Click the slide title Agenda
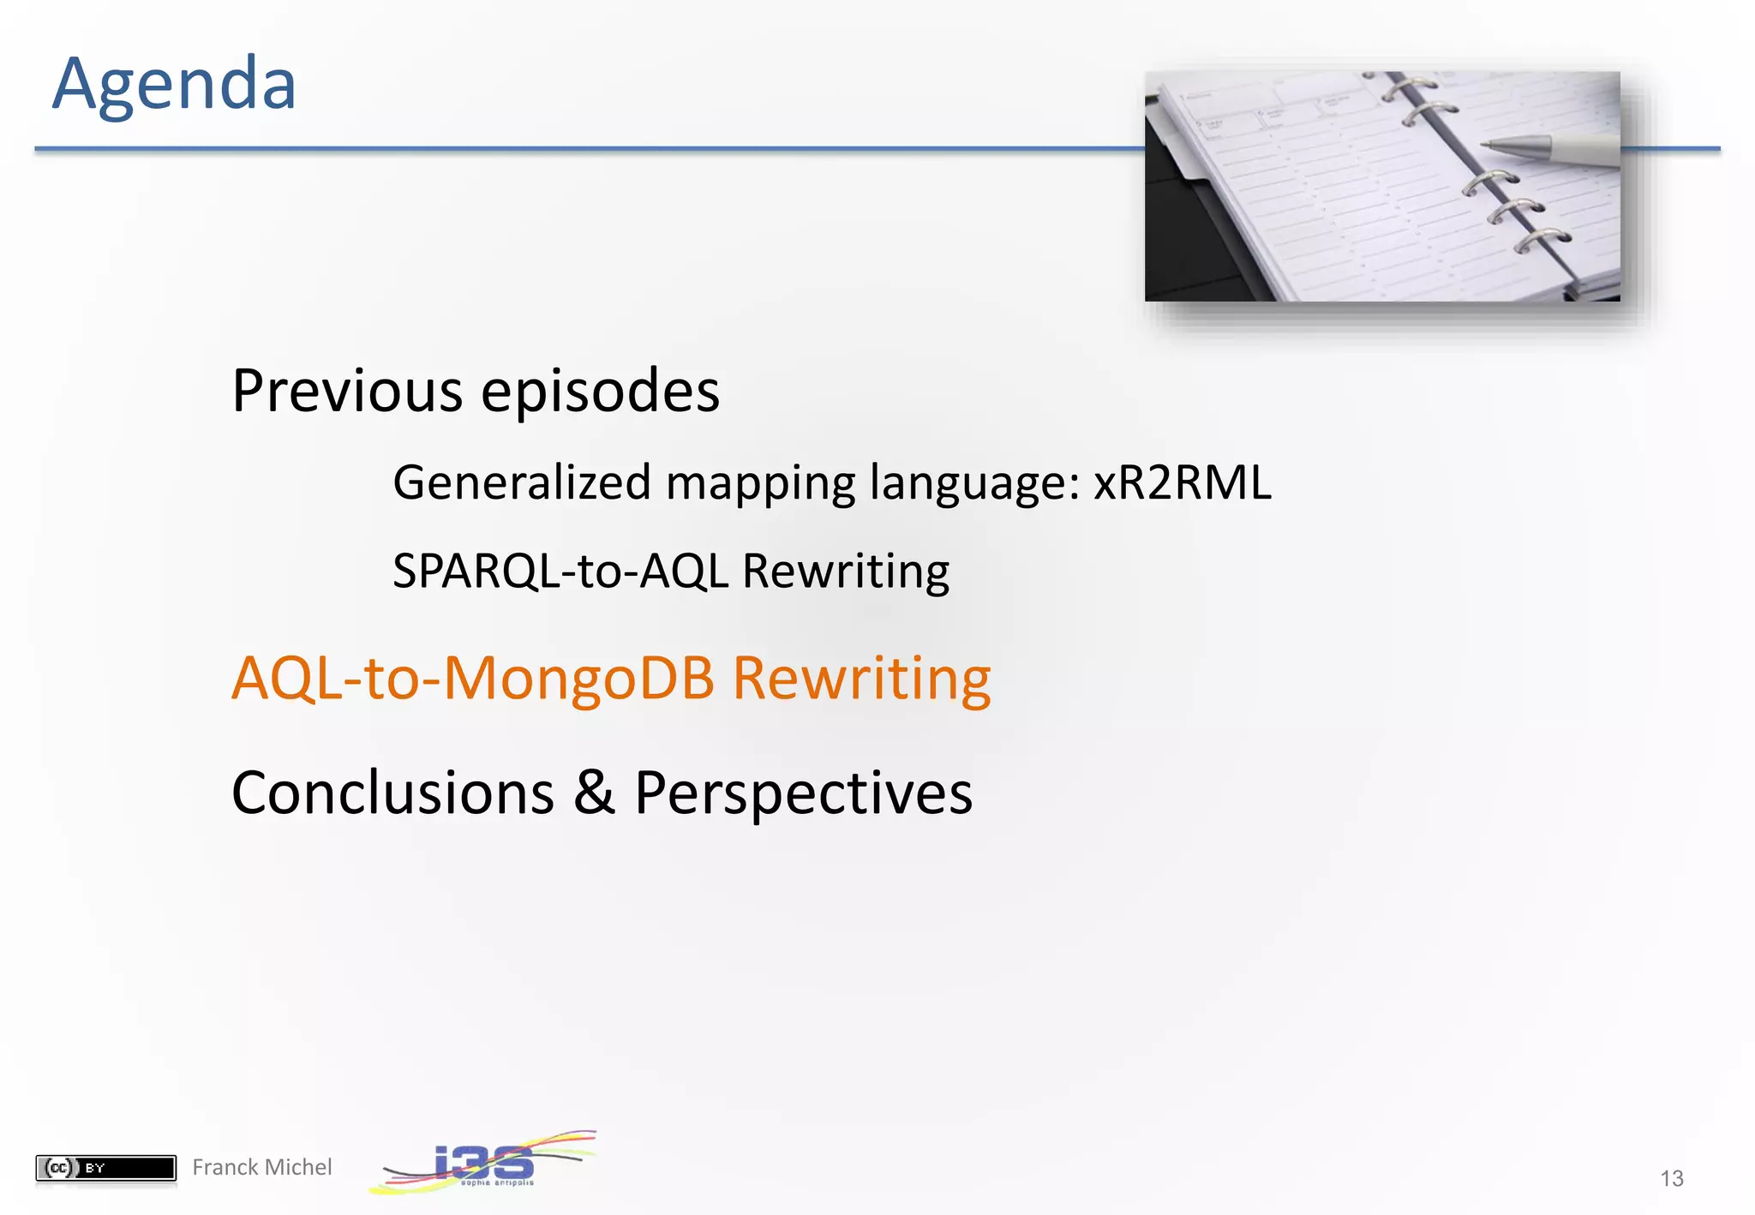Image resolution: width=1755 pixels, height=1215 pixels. coord(174,84)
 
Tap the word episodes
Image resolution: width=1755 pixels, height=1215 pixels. coord(600,392)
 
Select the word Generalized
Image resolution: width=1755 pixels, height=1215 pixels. coord(522,482)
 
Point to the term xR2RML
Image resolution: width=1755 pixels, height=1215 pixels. coord(1182,482)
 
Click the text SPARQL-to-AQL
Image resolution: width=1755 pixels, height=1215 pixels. coord(560,571)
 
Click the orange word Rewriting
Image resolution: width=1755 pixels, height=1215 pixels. coord(861,679)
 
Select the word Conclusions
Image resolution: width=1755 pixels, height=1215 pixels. coord(392,793)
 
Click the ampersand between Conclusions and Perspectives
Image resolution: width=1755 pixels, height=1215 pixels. coord(594,793)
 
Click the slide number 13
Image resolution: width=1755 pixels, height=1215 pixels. coord(1671,1179)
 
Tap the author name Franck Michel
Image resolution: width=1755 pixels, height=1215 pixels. coord(261,1167)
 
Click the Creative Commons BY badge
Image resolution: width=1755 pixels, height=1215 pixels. coord(105,1168)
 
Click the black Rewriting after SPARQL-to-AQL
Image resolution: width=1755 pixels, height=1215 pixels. coord(845,571)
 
